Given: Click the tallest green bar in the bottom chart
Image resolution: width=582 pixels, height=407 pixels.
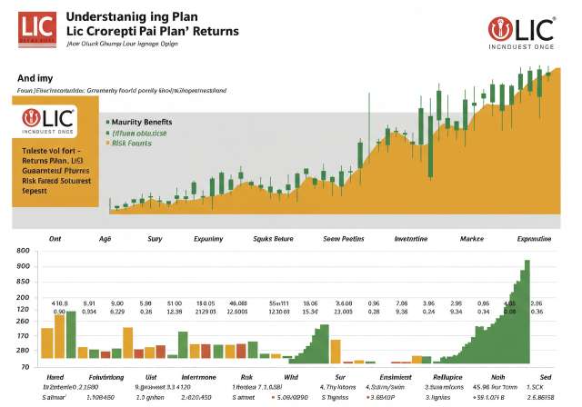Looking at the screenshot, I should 526,313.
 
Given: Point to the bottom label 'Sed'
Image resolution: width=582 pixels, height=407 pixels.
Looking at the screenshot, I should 544,375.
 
